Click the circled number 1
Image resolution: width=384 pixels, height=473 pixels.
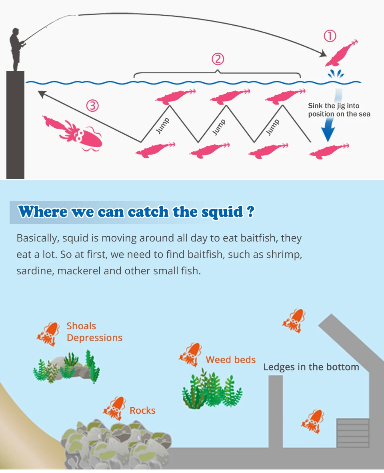(330, 36)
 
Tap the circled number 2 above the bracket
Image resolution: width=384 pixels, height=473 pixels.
(218, 59)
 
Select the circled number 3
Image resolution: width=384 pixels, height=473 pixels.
(92, 106)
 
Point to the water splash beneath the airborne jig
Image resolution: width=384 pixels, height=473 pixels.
(336, 74)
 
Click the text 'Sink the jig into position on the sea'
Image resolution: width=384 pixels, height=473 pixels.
(339, 110)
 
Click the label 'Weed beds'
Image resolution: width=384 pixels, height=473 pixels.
(231, 360)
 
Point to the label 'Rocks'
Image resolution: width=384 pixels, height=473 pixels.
(142, 411)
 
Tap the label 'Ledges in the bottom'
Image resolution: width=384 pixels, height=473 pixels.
(311, 367)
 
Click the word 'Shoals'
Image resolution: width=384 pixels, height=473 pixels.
(81, 326)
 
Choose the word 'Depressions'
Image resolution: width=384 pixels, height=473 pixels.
(94, 338)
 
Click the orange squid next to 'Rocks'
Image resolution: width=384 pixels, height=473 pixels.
(114, 409)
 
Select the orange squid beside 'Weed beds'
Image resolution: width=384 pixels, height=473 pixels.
(190, 354)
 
